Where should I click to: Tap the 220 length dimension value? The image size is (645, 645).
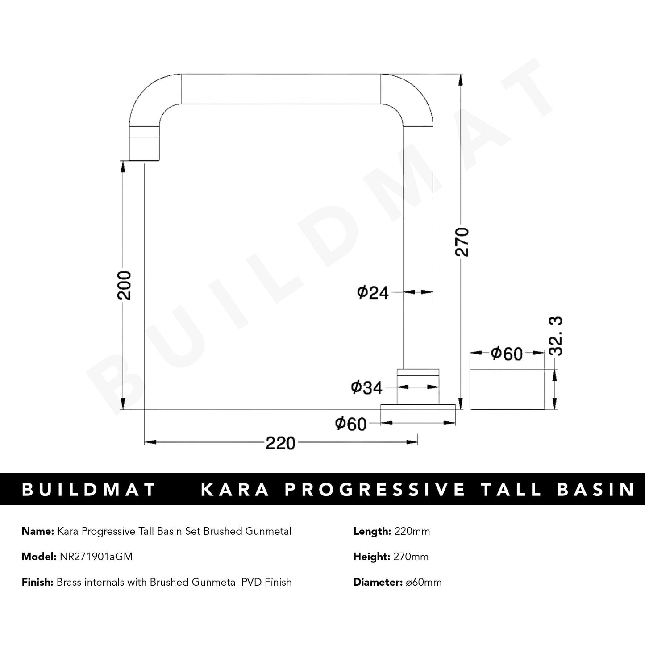(x=280, y=443)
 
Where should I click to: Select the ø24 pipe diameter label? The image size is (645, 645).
(x=372, y=293)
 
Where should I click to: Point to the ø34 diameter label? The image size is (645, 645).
(x=367, y=388)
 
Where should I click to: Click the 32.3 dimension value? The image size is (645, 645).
(x=556, y=336)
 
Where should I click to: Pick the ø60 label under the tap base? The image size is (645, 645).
(x=350, y=424)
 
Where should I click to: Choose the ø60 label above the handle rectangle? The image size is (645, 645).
(x=506, y=354)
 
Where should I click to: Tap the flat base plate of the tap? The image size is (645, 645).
(x=418, y=406)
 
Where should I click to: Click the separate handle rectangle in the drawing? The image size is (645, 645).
(x=508, y=389)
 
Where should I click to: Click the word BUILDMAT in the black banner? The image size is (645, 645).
(x=89, y=489)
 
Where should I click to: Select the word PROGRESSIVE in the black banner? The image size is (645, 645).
(x=375, y=489)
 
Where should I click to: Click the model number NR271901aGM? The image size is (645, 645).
(x=96, y=557)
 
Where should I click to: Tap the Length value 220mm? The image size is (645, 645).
(x=411, y=531)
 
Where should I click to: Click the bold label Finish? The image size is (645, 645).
(x=37, y=582)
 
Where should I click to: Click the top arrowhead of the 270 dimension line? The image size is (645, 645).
(x=460, y=79)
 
